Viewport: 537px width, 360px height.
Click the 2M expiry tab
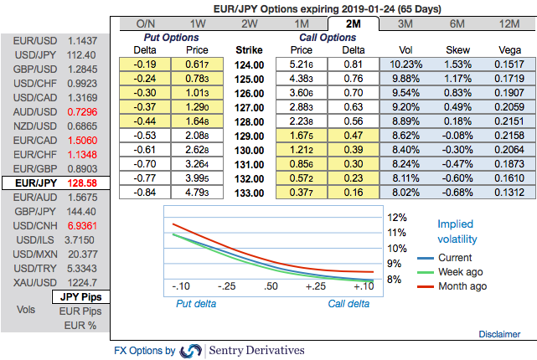353,24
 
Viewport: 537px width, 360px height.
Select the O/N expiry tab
146,24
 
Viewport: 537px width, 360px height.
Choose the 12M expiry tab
508,24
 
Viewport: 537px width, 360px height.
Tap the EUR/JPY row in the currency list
55,182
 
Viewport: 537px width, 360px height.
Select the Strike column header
250,49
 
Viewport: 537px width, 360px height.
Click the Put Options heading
172,38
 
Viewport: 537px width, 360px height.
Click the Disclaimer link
499,334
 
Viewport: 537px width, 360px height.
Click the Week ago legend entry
460,272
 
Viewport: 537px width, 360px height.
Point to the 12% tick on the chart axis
397,216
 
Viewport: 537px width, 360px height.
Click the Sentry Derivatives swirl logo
191,350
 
